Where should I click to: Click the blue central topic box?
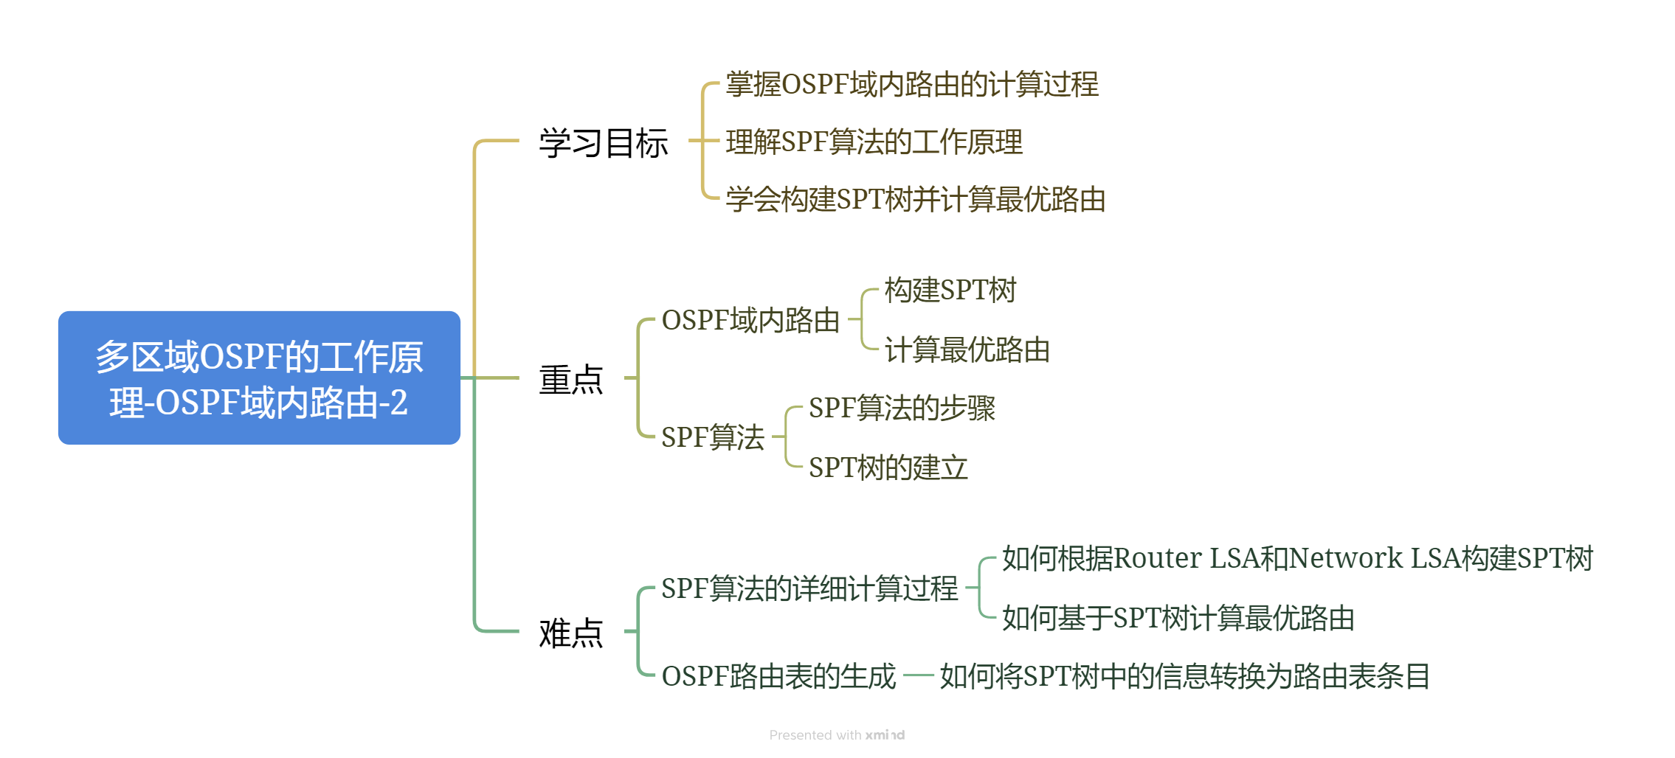(x=259, y=378)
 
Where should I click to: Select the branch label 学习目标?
(x=603, y=142)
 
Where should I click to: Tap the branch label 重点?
(x=570, y=380)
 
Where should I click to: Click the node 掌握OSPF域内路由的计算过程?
(x=912, y=85)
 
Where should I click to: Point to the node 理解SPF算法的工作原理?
(x=874, y=142)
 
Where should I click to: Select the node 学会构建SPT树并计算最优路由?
(x=915, y=200)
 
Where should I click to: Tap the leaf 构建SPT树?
(x=950, y=291)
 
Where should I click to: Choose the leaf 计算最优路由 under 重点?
(x=967, y=350)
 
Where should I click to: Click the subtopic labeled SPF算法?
(x=712, y=437)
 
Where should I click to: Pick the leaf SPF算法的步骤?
(x=902, y=408)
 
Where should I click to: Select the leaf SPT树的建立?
(x=888, y=467)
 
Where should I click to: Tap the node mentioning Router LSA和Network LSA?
(x=1297, y=559)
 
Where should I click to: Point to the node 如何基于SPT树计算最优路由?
(x=1178, y=619)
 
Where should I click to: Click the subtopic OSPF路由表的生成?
(x=778, y=676)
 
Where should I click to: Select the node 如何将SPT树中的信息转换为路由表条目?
(x=1184, y=676)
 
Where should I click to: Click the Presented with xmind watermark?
(x=837, y=735)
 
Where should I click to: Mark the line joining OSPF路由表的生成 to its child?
(x=918, y=675)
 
